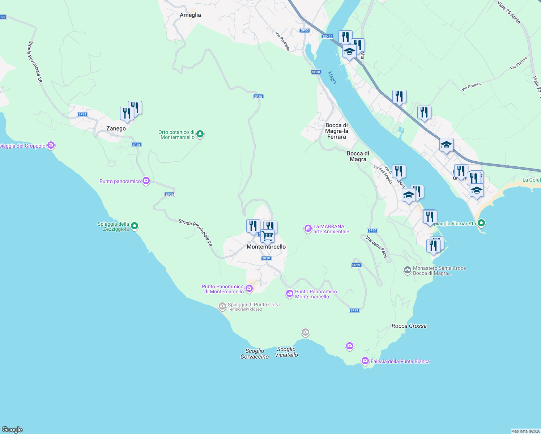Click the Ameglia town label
(x=190, y=15)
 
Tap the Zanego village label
(x=116, y=128)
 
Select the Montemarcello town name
(x=266, y=247)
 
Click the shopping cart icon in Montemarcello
(x=268, y=236)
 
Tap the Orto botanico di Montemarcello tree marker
(x=200, y=135)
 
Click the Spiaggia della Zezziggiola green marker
(x=135, y=226)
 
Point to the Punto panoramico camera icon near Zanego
(x=146, y=181)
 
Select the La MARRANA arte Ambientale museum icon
(x=308, y=229)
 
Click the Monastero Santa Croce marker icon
(x=408, y=270)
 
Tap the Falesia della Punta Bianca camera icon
(x=365, y=361)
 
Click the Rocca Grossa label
(x=409, y=326)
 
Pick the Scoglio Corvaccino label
(x=255, y=354)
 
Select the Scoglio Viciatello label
(x=286, y=352)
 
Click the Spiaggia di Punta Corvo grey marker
(x=222, y=307)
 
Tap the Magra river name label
(x=332, y=77)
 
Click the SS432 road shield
(x=327, y=37)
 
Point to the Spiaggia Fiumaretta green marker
(x=481, y=223)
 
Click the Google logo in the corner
(x=12, y=429)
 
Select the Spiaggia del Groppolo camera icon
(x=51, y=145)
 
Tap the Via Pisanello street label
(x=283, y=42)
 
